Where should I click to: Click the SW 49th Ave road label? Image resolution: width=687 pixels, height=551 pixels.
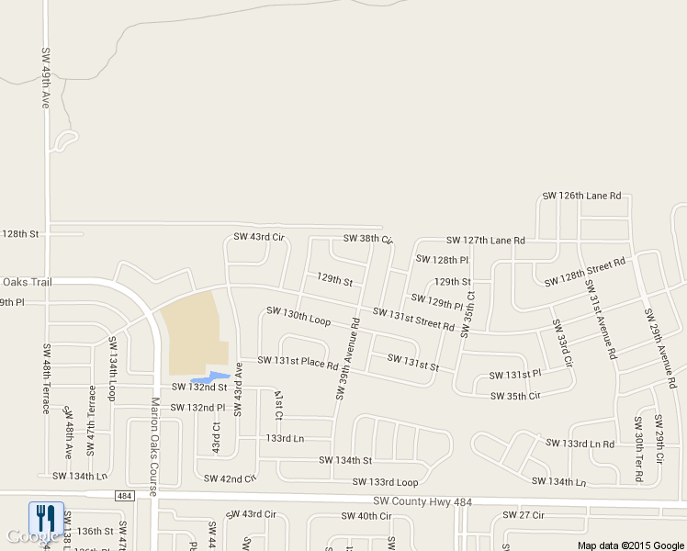coord(44,78)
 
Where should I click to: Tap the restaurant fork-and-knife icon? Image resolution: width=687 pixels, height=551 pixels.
coord(45,518)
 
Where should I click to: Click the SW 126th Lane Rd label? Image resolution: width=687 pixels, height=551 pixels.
coord(581,196)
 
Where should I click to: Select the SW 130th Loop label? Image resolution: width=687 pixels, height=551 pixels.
coord(298,316)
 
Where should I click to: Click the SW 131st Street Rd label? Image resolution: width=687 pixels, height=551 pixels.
coord(413,319)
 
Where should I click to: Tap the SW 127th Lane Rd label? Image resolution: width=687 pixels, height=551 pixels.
coord(486,241)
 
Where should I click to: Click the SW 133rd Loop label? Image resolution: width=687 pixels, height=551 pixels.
coord(380,482)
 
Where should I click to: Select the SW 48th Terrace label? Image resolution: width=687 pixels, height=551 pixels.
coord(45,378)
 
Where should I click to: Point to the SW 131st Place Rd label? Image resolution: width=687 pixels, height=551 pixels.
coord(298,362)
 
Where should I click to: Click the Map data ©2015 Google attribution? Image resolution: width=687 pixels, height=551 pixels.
coord(631,545)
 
